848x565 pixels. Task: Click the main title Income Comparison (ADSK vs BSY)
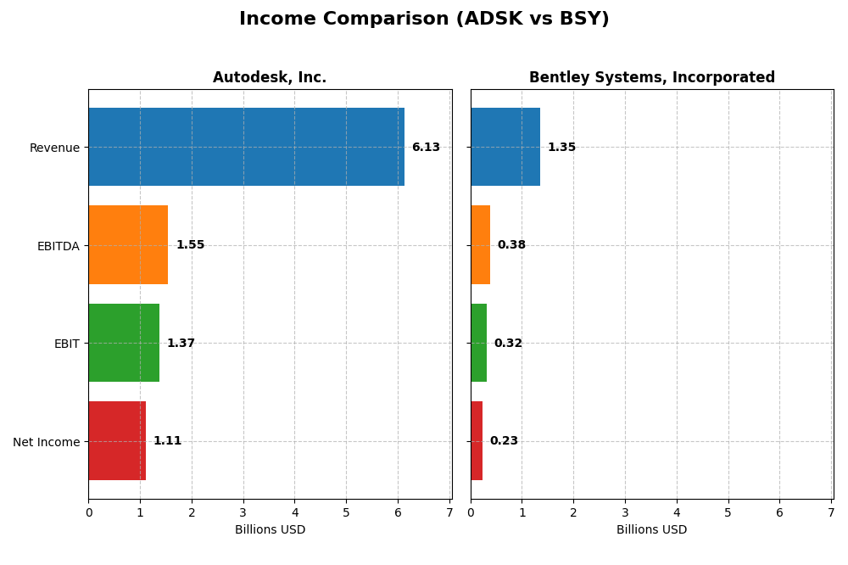[424, 19]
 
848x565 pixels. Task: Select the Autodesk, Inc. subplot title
[270, 78]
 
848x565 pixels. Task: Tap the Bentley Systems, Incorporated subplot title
[651, 78]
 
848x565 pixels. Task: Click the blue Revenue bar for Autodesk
[246, 147]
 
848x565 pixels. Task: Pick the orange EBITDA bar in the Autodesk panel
[128, 244]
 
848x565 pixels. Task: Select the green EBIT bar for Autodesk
[124, 343]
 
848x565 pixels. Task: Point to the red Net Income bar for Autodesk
[117, 440]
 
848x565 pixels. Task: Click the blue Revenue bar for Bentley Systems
[505, 147]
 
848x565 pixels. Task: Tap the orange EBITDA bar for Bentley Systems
[480, 244]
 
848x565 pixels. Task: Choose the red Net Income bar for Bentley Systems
[477, 440]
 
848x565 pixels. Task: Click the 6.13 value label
[426, 148]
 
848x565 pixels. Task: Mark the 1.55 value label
[190, 245]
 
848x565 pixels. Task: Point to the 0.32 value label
[508, 344]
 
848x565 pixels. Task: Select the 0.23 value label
[504, 441]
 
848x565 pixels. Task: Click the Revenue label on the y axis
[54, 148]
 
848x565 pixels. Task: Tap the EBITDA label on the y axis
[58, 246]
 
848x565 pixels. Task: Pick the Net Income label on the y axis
[46, 441]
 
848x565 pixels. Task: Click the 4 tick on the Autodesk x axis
[295, 512]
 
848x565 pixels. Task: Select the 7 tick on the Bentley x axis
[831, 512]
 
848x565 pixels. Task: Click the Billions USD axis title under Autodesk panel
[270, 530]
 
